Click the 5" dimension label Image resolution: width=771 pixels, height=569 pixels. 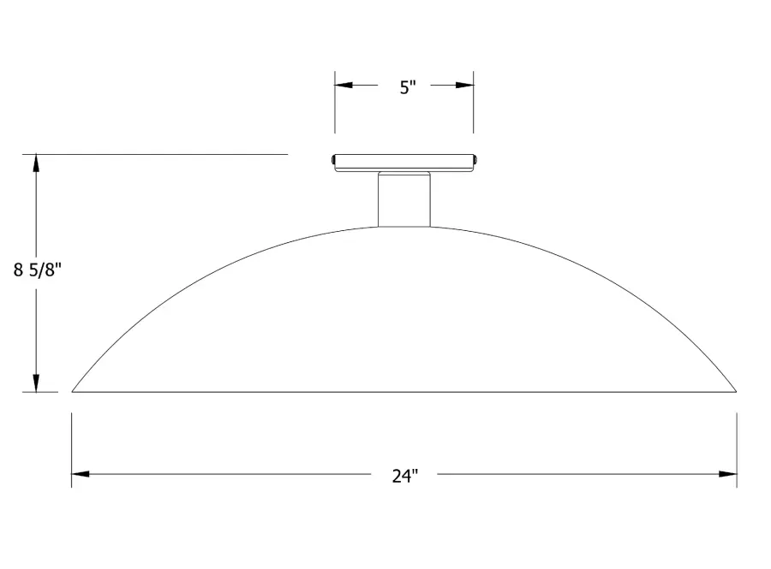(x=408, y=87)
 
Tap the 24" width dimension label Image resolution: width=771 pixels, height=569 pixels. (x=404, y=476)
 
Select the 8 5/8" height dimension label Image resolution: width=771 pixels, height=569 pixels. (x=38, y=270)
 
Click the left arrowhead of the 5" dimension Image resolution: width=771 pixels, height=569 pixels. (x=344, y=85)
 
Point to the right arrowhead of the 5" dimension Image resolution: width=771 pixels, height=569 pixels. (x=464, y=85)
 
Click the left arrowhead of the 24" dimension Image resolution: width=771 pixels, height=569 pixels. (x=81, y=474)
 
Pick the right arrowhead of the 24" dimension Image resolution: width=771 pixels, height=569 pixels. (x=727, y=474)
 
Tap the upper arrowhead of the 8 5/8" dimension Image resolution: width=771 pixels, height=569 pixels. (x=36, y=163)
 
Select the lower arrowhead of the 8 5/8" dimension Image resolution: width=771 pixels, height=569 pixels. (x=36, y=383)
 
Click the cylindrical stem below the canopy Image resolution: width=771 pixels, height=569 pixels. (x=404, y=199)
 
